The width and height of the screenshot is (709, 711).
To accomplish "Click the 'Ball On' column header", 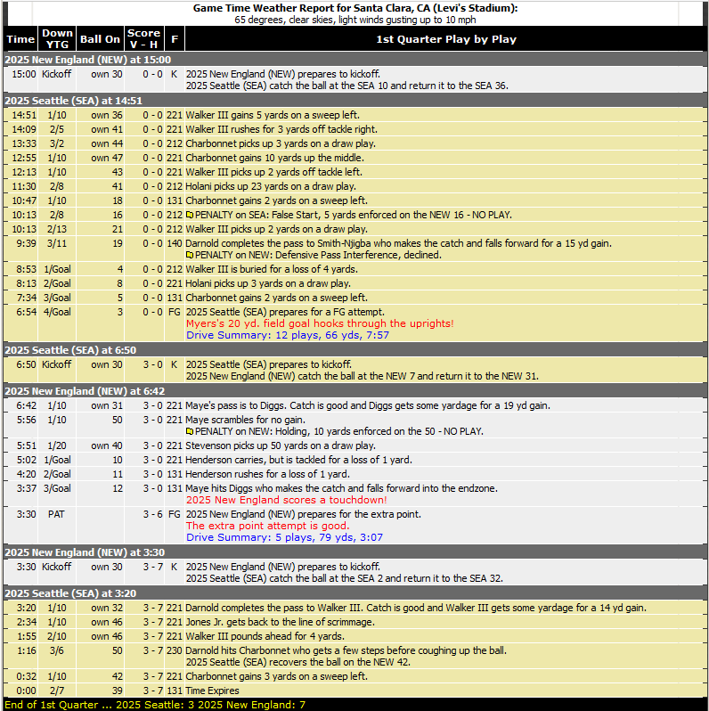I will [100, 39].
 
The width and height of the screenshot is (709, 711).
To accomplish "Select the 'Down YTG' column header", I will [57, 39].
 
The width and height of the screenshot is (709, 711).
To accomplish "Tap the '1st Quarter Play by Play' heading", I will [445, 39].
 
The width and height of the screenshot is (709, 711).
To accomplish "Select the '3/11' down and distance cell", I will [57, 242].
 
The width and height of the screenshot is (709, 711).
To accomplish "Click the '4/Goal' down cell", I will [57, 312].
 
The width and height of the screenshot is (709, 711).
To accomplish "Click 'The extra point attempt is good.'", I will [255, 526].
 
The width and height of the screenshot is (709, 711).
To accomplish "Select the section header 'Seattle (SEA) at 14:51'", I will [75, 101].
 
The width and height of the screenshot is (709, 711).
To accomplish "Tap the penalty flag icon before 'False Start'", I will [190, 215].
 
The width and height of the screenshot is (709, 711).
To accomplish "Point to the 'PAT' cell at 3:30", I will [57, 514].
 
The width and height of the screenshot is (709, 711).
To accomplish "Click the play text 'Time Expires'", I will [215, 691].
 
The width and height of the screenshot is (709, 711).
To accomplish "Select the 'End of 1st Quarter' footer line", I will [156, 705].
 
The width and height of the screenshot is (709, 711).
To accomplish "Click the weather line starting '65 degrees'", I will [354, 20].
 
